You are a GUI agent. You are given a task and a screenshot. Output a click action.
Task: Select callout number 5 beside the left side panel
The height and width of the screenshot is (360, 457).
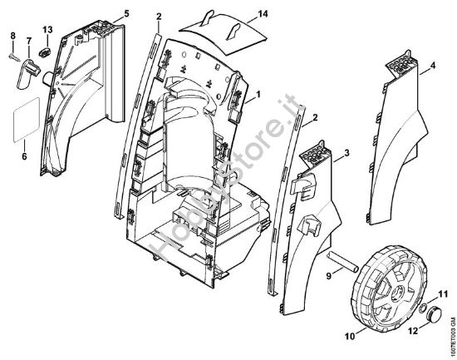126,14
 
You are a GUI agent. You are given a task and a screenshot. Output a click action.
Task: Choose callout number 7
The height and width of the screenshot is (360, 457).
29,41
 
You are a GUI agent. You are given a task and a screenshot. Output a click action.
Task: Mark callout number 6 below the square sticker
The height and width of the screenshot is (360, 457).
24,155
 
